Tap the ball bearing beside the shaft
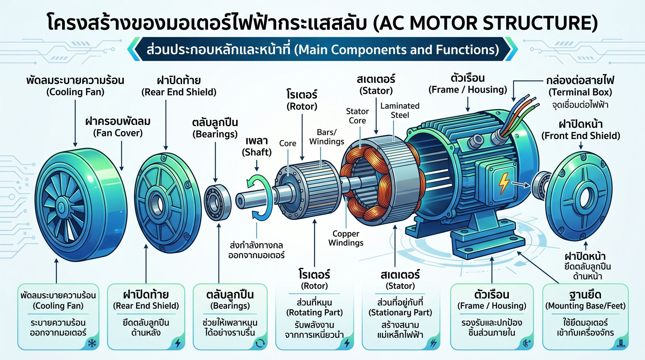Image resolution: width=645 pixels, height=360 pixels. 218,202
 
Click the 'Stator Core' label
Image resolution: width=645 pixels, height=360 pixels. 357,116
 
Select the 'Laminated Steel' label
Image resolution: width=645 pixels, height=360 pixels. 400,110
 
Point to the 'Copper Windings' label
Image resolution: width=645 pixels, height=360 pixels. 346,238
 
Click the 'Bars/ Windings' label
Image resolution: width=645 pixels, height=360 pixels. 327,137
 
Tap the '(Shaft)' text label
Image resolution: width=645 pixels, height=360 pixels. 257,152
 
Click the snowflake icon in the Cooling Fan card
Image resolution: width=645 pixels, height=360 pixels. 92,343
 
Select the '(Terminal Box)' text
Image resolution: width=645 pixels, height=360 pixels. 580,92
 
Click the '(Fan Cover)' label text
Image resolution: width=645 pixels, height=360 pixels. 118,133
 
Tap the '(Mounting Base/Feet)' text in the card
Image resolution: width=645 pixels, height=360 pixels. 585,306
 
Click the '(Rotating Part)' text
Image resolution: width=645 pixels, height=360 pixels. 314,313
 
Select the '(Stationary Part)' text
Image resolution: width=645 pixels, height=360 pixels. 400,313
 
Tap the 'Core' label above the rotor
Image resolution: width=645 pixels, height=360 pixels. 288,143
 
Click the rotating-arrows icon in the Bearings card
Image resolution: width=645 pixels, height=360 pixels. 260,343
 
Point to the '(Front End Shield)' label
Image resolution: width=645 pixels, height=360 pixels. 580,136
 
